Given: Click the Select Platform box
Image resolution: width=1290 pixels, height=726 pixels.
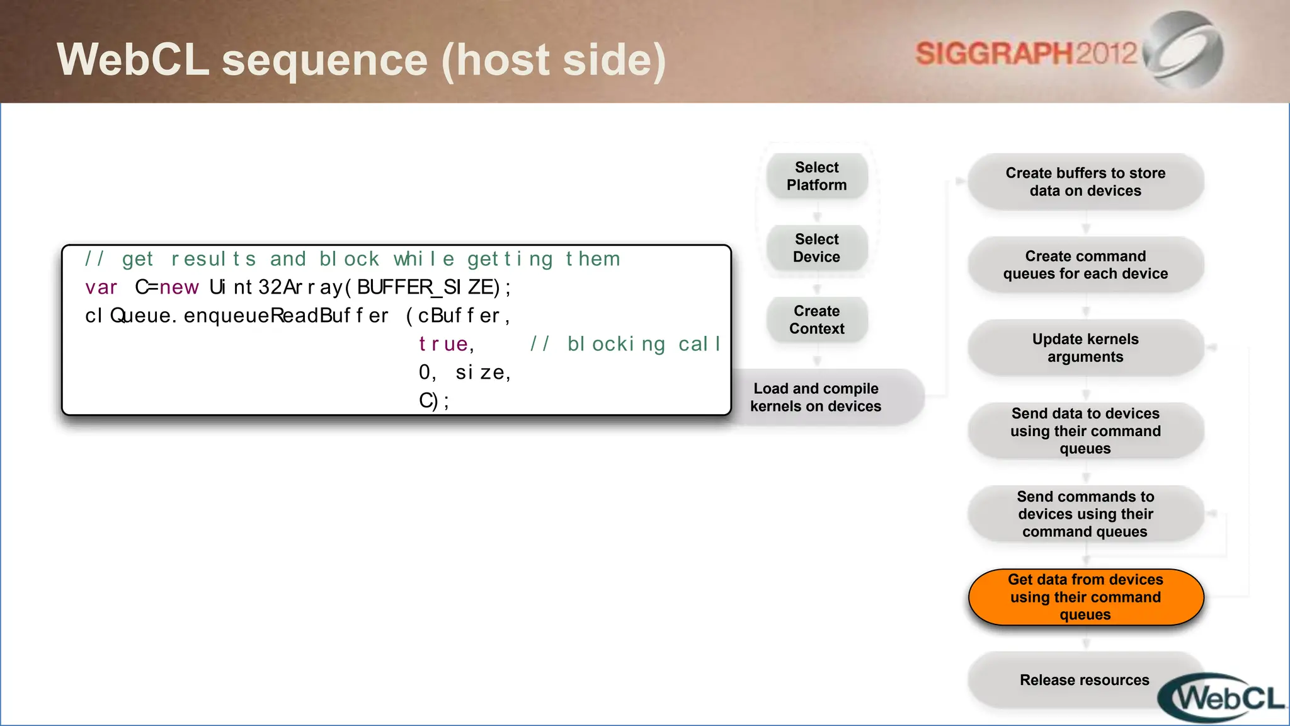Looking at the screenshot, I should [816, 176].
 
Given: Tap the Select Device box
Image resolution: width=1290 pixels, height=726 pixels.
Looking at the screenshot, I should [816, 248].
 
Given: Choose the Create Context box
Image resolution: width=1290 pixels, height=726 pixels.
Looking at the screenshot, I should [816, 320].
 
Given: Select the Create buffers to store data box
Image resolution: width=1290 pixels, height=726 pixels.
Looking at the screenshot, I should [1085, 182].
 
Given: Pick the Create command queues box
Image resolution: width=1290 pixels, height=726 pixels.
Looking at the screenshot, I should [1085, 265].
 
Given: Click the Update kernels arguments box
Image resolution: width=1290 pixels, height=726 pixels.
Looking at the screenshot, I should [1085, 348].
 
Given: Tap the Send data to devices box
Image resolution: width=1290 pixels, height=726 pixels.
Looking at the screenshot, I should [1085, 431].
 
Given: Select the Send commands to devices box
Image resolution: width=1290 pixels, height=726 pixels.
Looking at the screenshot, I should [1085, 514].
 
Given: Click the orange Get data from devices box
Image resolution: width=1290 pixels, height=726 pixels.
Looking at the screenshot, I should [1085, 597].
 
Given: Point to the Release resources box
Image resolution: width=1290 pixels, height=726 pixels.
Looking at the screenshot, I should [1084, 680].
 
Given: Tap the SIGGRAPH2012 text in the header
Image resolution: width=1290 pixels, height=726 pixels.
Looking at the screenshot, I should [1026, 54].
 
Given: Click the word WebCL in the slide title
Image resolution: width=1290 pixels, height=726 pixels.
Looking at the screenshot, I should [133, 60].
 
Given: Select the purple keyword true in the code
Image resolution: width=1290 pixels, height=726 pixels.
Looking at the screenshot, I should [443, 344].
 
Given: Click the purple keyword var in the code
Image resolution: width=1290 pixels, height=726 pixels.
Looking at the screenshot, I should [101, 287].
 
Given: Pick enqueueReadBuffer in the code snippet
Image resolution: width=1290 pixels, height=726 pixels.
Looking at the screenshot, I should [286, 316].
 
